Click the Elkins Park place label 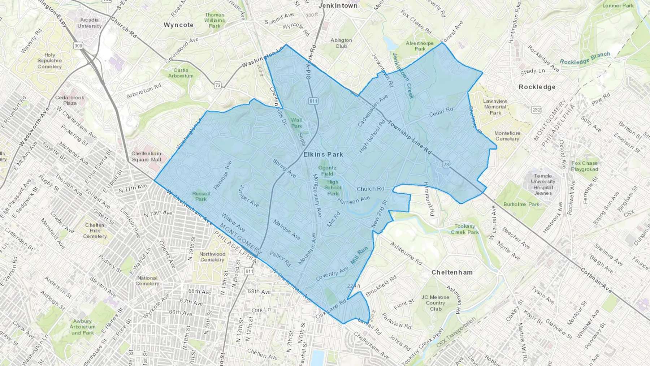[x=323, y=154]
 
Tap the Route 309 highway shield [x=78, y=46]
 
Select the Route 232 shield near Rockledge [x=536, y=110]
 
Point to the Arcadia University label [x=89, y=23]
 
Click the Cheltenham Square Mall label [x=146, y=156]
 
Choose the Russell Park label [x=201, y=196]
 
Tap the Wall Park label [x=296, y=123]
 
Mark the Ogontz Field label [x=327, y=171]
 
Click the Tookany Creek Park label [x=465, y=229]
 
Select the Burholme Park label [x=521, y=204]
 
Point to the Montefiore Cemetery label [x=507, y=136]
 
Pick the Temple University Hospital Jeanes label [x=543, y=184]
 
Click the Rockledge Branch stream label [x=585, y=58]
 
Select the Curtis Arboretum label [x=181, y=73]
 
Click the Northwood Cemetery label [x=212, y=257]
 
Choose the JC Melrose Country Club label [x=435, y=303]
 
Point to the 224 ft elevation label [x=354, y=286]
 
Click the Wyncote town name [x=178, y=25]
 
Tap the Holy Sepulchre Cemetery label [x=49, y=61]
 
